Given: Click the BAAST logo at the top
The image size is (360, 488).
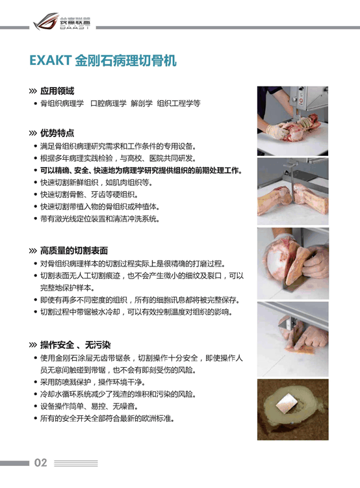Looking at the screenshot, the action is pyautogui.click(x=62, y=21).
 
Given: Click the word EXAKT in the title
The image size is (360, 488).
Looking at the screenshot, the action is pyautogui.click(x=51, y=60).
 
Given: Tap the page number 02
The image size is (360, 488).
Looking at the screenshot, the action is pyautogui.click(x=40, y=463).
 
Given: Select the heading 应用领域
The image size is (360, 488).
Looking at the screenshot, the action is pyautogui.click(x=57, y=91).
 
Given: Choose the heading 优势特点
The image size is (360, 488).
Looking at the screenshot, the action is pyautogui.click(x=57, y=133).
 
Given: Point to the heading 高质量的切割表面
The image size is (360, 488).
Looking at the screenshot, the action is pyautogui.click(x=74, y=251).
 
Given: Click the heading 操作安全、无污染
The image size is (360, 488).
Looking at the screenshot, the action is pyautogui.click(x=75, y=345).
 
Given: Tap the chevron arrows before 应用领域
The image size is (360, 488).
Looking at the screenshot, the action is pyautogui.click(x=32, y=91).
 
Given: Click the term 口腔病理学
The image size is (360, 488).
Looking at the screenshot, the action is pyautogui.click(x=109, y=103).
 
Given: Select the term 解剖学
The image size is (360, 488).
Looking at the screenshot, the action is pyautogui.click(x=142, y=103).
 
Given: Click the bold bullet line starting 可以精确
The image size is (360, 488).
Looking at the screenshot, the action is pyautogui.click(x=141, y=170).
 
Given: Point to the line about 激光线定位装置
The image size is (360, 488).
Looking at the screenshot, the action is pyautogui.click(x=100, y=219).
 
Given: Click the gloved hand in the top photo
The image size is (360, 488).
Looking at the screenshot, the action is pyautogui.click(x=277, y=131).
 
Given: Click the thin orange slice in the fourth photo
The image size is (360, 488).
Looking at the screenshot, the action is pyautogui.click(x=300, y=350).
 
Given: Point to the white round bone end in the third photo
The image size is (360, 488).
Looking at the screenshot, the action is pyautogui.click(x=276, y=263).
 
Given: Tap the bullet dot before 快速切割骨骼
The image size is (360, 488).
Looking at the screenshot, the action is pyautogui.click(x=36, y=194).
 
